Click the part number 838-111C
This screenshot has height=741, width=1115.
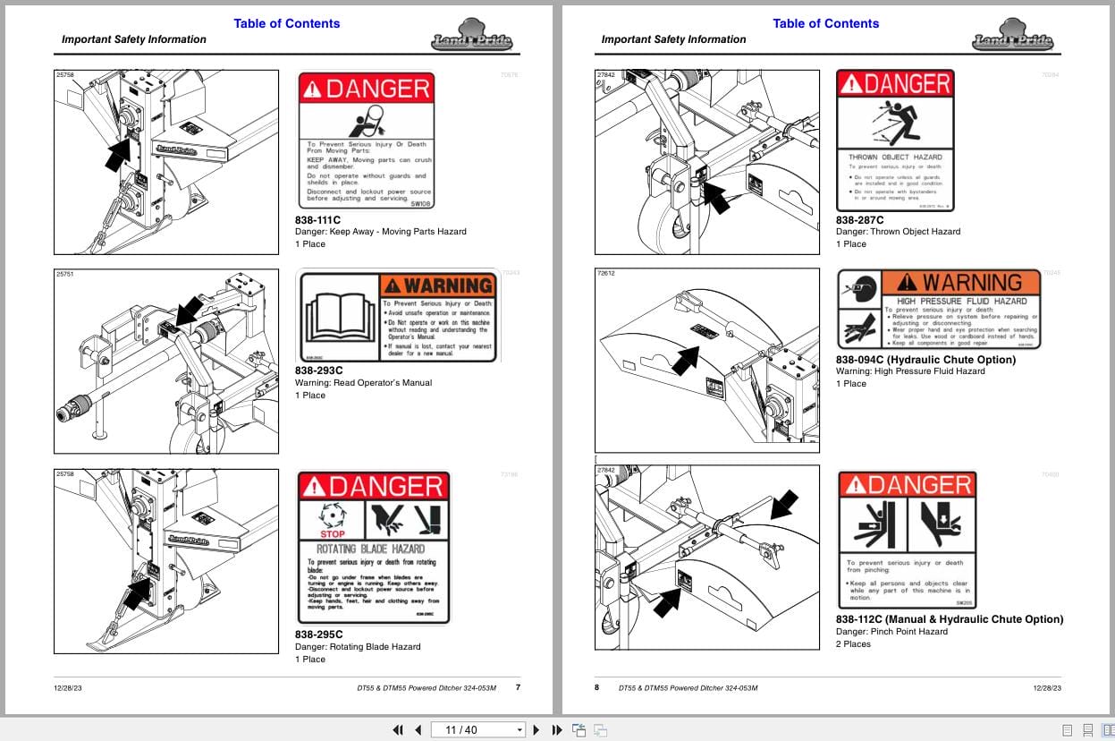pos(318,219)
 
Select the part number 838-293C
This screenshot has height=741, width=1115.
pos(319,370)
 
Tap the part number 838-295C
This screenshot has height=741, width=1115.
pos(319,635)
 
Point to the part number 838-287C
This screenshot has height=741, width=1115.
pos(859,219)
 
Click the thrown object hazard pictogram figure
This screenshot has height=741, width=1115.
pos(895,123)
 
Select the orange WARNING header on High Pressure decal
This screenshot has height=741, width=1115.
pos(961,283)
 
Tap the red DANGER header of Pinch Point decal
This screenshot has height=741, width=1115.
pos(907,484)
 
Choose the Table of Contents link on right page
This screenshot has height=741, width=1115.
pos(825,23)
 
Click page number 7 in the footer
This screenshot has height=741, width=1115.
pos(518,687)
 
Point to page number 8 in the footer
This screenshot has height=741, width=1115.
pos(597,687)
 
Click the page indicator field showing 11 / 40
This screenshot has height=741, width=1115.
pos(477,729)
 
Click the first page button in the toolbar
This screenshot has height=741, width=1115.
pos(398,729)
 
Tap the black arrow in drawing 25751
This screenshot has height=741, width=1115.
pos(188,312)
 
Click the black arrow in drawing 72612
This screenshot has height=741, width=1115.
pos(684,360)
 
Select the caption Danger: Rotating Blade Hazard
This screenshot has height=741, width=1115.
pos(357,646)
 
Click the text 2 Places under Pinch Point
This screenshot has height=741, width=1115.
pos(853,643)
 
